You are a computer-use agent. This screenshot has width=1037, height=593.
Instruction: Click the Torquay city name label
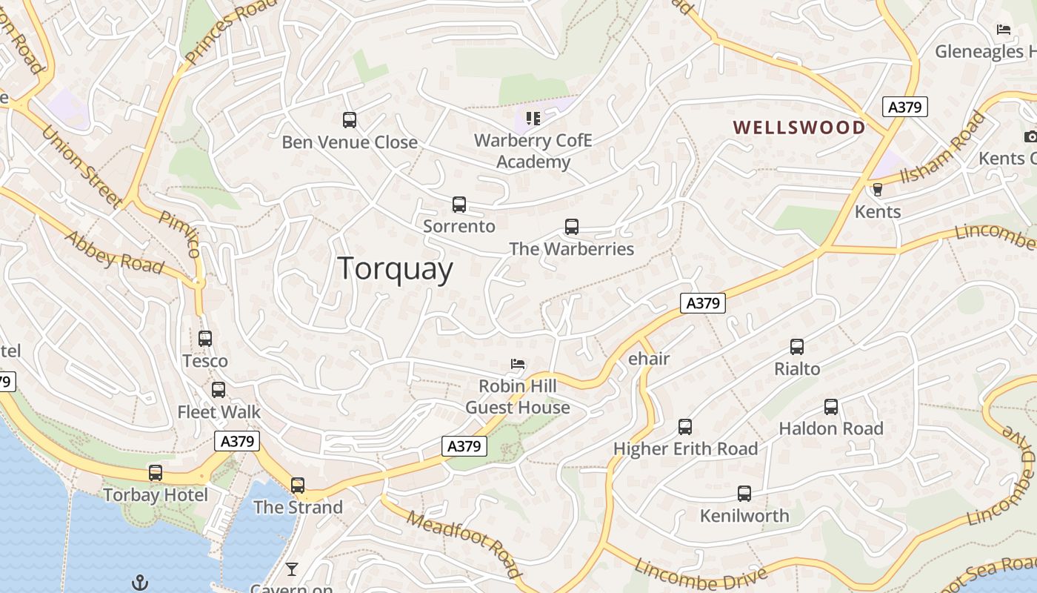click(395, 268)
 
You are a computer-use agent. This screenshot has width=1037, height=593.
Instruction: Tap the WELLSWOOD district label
click(799, 127)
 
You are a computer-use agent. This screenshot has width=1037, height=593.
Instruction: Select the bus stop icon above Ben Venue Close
click(350, 119)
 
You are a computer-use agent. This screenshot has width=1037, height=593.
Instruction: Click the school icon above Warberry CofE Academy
click(533, 118)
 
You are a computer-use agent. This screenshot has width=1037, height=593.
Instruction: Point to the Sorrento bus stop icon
click(459, 205)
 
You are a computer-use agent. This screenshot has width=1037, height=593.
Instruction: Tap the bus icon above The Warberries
click(571, 227)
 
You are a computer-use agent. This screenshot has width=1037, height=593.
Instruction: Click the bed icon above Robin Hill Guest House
click(518, 364)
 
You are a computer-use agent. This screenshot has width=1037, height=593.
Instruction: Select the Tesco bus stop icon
click(205, 339)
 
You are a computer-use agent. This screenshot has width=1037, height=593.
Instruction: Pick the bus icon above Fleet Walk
click(219, 390)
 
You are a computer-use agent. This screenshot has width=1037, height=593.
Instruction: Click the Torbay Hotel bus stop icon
click(156, 473)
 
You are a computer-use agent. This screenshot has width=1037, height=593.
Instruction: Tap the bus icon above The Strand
click(298, 486)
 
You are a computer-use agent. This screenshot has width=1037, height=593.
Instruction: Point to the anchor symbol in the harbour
click(139, 583)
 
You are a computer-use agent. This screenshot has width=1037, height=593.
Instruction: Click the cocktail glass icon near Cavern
click(292, 569)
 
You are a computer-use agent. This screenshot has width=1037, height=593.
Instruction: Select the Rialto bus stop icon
click(797, 347)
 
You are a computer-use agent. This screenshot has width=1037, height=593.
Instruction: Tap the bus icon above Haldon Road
click(831, 407)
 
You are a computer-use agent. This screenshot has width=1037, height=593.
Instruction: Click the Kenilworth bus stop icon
click(744, 494)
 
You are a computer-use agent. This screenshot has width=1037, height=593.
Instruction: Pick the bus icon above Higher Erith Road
click(685, 427)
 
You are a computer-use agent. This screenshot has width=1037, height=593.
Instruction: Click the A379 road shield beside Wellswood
click(905, 107)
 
